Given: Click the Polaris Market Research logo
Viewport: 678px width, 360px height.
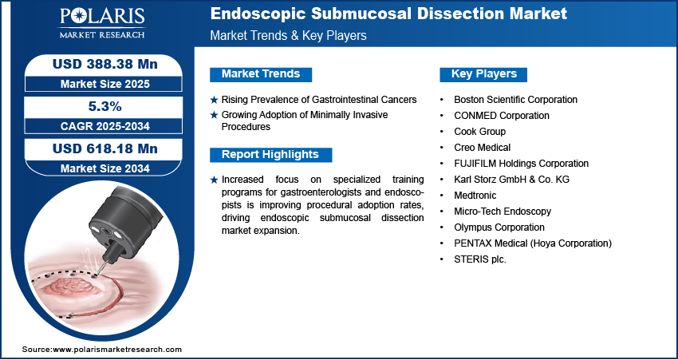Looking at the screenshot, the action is coord(102,24).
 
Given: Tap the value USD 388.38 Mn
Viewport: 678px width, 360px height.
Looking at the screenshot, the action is coord(104,65).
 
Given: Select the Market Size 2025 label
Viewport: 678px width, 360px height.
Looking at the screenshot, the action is coord(104,84).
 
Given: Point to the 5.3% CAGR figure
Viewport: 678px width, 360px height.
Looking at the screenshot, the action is coord(104,106).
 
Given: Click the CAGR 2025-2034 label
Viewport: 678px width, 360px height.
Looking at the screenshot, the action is coord(104,126).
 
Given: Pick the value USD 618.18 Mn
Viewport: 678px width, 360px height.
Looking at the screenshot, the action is coord(104,148).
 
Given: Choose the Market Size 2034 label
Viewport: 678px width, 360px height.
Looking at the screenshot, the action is coord(104,168).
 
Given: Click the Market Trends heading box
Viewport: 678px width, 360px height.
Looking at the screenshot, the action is coord(261,74).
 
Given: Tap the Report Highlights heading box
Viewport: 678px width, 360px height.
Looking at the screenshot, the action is coord(270,155).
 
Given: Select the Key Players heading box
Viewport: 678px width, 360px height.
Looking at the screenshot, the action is coord(483,74).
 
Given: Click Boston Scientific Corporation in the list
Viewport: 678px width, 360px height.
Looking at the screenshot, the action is coord(515,100).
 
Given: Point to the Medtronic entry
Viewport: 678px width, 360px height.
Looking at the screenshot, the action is coord(475,196).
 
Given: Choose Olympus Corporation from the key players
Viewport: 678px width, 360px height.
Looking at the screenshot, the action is coord(499,227).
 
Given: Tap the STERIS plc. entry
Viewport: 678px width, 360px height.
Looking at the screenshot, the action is coord(479,259).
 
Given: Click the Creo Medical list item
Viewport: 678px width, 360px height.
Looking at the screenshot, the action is coord(482,148).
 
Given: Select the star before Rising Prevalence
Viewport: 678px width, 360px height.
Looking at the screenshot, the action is coord(214,100).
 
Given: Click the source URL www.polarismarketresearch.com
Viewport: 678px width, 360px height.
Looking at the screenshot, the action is coord(117,349).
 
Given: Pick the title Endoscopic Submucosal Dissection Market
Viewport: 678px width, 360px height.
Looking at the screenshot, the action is coord(388,14).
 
